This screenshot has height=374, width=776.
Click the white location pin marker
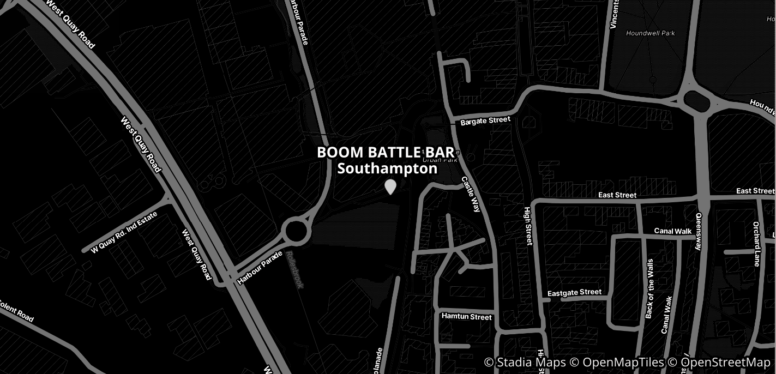tap(390, 186)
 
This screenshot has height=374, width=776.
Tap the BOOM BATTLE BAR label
tap(385, 153)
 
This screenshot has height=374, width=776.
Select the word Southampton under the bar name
tap(387, 169)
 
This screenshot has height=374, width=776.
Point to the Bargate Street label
tap(485, 121)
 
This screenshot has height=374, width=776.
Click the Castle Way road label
tap(470, 194)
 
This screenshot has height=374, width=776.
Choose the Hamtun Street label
tap(466, 317)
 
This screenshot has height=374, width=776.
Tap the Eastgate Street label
tap(574, 293)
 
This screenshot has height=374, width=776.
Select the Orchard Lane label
tap(756, 244)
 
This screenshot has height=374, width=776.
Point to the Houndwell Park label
tap(651, 33)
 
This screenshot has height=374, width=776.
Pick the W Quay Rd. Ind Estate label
tap(124, 232)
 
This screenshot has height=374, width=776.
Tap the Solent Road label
tap(16, 311)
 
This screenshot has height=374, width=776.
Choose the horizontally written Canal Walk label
tap(673, 231)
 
